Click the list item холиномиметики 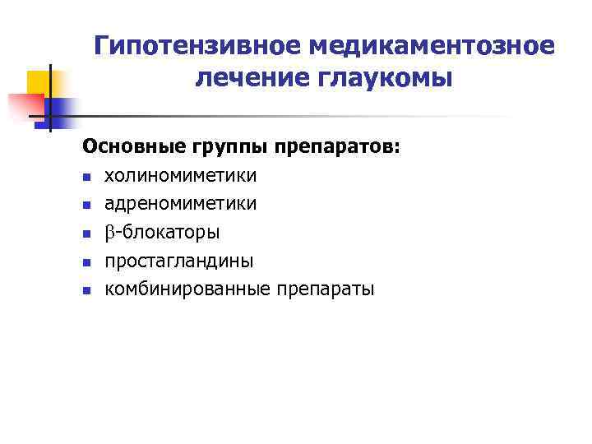pyautogui.click(x=180, y=176)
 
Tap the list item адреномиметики pyautogui.click(x=180, y=204)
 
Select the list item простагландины pyautogui.click(x=178, y=261)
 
